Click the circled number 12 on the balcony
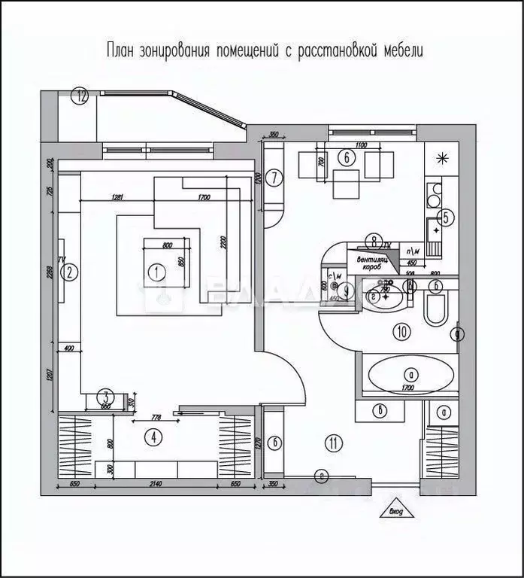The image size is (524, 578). pos(80,96)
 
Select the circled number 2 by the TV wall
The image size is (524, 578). pos(69,272)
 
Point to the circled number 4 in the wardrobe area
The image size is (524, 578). pos(153,436)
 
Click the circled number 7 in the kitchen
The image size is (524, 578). pos(276,178)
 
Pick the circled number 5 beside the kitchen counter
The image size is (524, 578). pos(445,218)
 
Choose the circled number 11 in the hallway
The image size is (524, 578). pos(332,443)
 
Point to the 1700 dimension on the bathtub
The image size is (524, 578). pos(408,389)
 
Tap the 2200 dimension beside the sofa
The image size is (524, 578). pos(223,242)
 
